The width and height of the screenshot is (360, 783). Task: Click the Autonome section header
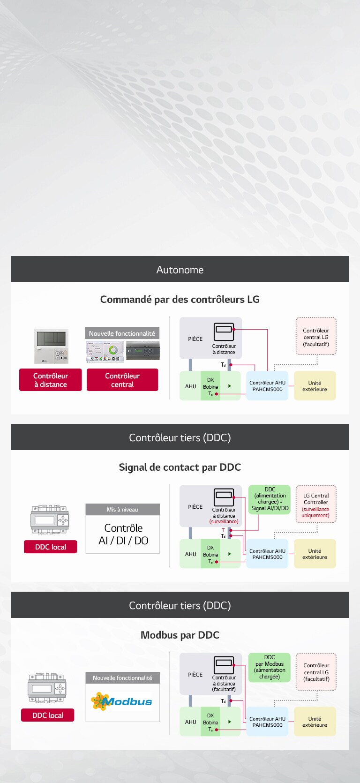click(180, 270)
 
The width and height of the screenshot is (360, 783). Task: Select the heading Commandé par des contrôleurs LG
click(180, 299)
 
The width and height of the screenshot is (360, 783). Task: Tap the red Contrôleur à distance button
click(50, 380)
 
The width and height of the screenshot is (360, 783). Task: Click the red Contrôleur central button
click(122, 380)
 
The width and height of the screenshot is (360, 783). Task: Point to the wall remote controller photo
click(51, 346)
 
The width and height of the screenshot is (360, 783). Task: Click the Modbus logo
click(122, 701)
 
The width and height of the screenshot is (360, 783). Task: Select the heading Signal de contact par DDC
click(180, 467)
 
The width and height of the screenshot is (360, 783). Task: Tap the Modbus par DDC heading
click(180, 635)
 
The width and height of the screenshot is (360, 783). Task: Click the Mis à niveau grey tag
click(122, 510)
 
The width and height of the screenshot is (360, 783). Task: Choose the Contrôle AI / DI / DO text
click(123, 535)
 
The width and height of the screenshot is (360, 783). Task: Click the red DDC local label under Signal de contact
click(51, 547)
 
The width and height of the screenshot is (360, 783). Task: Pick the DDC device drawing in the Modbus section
click(47, 688)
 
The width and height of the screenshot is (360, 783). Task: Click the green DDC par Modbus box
click(270, 667)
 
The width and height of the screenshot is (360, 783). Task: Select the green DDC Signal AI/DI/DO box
click(270, 499)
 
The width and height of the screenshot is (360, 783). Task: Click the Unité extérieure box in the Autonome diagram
click(315, 386)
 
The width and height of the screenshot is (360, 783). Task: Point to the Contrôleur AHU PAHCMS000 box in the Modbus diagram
click(267, 722)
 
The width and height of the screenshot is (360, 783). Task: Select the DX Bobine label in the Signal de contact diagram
click(210, 551)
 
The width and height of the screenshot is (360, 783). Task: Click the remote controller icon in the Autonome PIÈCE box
click(224, 332)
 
